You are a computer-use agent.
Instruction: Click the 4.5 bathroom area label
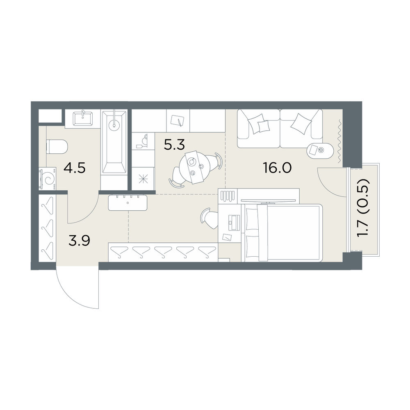click(x=75, y=168)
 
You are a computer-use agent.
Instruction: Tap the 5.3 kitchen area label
click(x=174, y=144)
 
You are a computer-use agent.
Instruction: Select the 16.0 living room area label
click(x=277, y=168)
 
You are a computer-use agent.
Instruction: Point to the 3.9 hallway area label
click(x=79, y=241)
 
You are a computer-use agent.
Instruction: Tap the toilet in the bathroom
click(x=57, y=146)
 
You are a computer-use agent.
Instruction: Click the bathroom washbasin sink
click(x=83, y=118)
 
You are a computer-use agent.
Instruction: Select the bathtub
click(x=114, y=142)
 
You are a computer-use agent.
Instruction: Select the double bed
click(x=282, y=233)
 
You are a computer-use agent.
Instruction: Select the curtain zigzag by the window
click(x=339, y=141)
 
